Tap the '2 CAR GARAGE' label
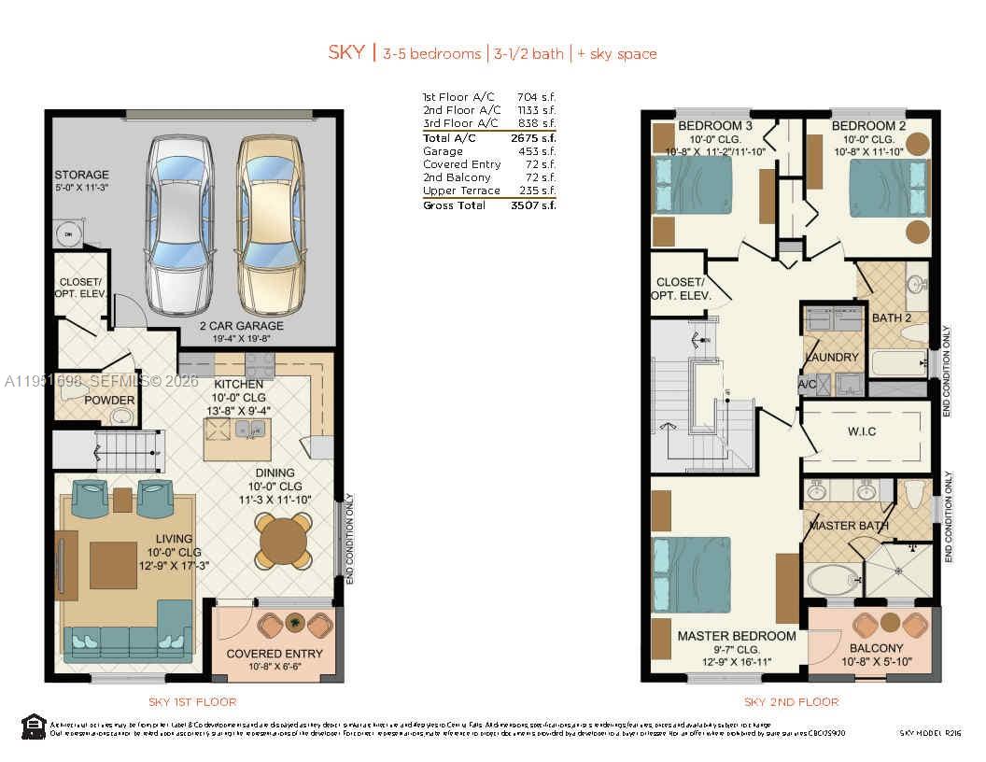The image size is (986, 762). point(241,326)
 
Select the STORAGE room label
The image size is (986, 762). point(81,175)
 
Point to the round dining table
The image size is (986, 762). point(284,540)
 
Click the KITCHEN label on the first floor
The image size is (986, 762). point(240,384)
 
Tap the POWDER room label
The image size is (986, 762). point(109,401)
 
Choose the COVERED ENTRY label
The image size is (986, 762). point(274,654)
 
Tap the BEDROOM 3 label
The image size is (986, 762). point(715,126)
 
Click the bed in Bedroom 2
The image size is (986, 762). point(888,189)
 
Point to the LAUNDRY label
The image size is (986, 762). point(832,358)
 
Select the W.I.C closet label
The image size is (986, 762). point(867,432)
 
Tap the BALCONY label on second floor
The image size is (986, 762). point(876,648)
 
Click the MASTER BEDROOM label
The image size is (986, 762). point(737,636)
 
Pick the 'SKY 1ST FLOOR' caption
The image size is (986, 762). point(192,701)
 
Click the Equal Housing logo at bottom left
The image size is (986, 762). point(33,726)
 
